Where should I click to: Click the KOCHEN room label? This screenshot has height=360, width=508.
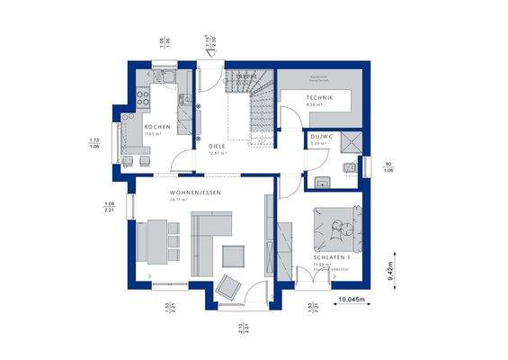pyautogui.click(x=157, y=127)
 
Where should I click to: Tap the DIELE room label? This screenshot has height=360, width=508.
pyautogui.click(x=217, y=145)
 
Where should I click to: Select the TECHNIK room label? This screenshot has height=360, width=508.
pyautogui.click(x=319, y=97)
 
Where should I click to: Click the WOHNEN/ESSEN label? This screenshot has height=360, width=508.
pyautogui.click(x=195, y=193)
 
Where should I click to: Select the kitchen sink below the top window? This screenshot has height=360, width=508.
pyautogui.click(x=165, y=76)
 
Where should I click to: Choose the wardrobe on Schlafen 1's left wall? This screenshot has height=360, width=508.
pyautogui.click(x=285, y=243)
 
